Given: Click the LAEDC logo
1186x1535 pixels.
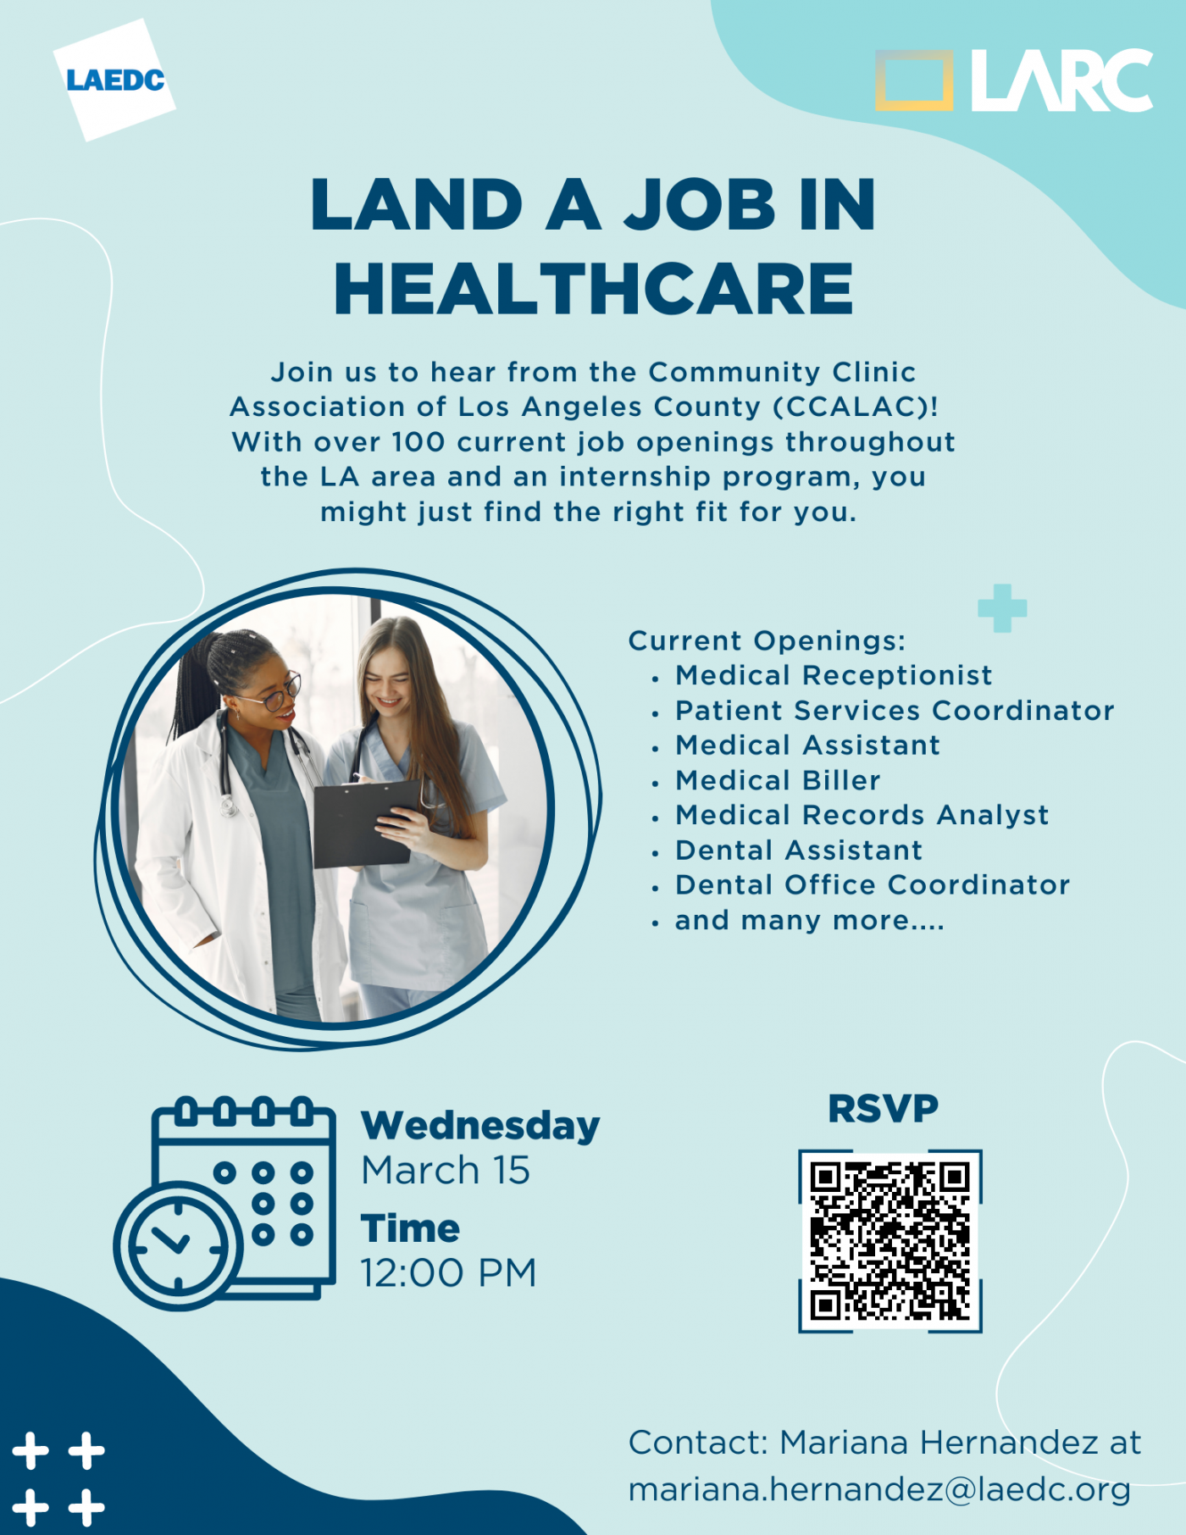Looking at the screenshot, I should click(114, 80).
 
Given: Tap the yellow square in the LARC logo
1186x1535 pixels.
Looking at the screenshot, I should click(913, 80).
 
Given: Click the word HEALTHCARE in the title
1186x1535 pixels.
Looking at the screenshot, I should click(593, 290).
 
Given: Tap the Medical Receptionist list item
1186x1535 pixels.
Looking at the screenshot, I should click(833, 675).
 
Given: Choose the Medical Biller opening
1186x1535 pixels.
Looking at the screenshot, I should click(778, 780).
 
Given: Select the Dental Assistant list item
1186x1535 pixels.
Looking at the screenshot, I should click(798, 850).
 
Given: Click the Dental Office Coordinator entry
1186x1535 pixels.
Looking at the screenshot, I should click(872, 885).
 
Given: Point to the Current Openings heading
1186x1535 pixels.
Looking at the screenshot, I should click(767, 640).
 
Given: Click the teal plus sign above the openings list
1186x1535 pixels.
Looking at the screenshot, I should click(1002, 607).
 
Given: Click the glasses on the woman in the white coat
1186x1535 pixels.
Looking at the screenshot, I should click(277, 693).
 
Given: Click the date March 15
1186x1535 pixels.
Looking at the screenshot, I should click(446, 1171).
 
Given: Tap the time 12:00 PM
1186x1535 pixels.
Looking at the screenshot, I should click(448, 1272).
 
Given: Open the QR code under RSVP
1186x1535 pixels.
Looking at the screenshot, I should click(890, 1240).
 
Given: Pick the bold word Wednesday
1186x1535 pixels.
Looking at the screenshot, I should click(479, 1126).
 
